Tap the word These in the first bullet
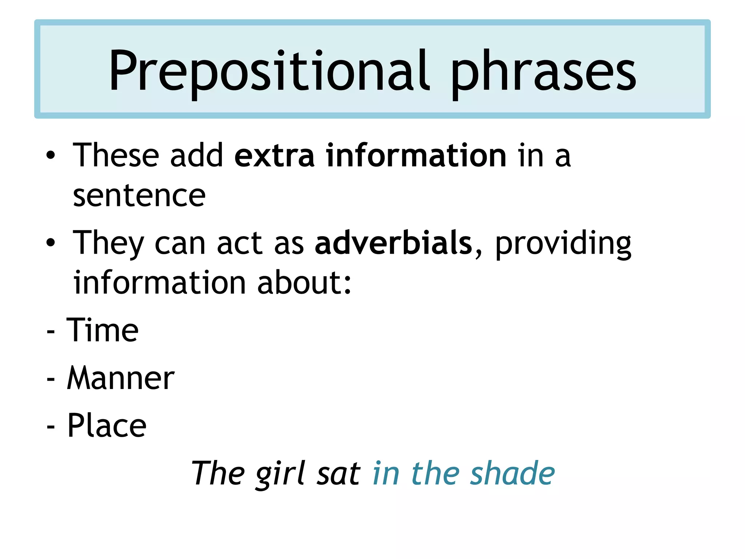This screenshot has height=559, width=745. (x=116, y=155)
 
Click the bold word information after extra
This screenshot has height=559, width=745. (x=416, y=155)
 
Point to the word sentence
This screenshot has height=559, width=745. (x=139, y=196)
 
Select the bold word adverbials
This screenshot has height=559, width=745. (x=393, y=243)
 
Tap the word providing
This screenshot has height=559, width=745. (x=563, y=245)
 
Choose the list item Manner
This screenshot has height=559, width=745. (x=121, y=378)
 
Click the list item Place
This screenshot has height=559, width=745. (x=107, y=425)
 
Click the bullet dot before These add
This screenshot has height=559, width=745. (x=51, y=156)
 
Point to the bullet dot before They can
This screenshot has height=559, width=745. (x=51, y=243)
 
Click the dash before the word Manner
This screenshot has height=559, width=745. (x=51, y=379)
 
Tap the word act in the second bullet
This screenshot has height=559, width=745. (x=239, y=243)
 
